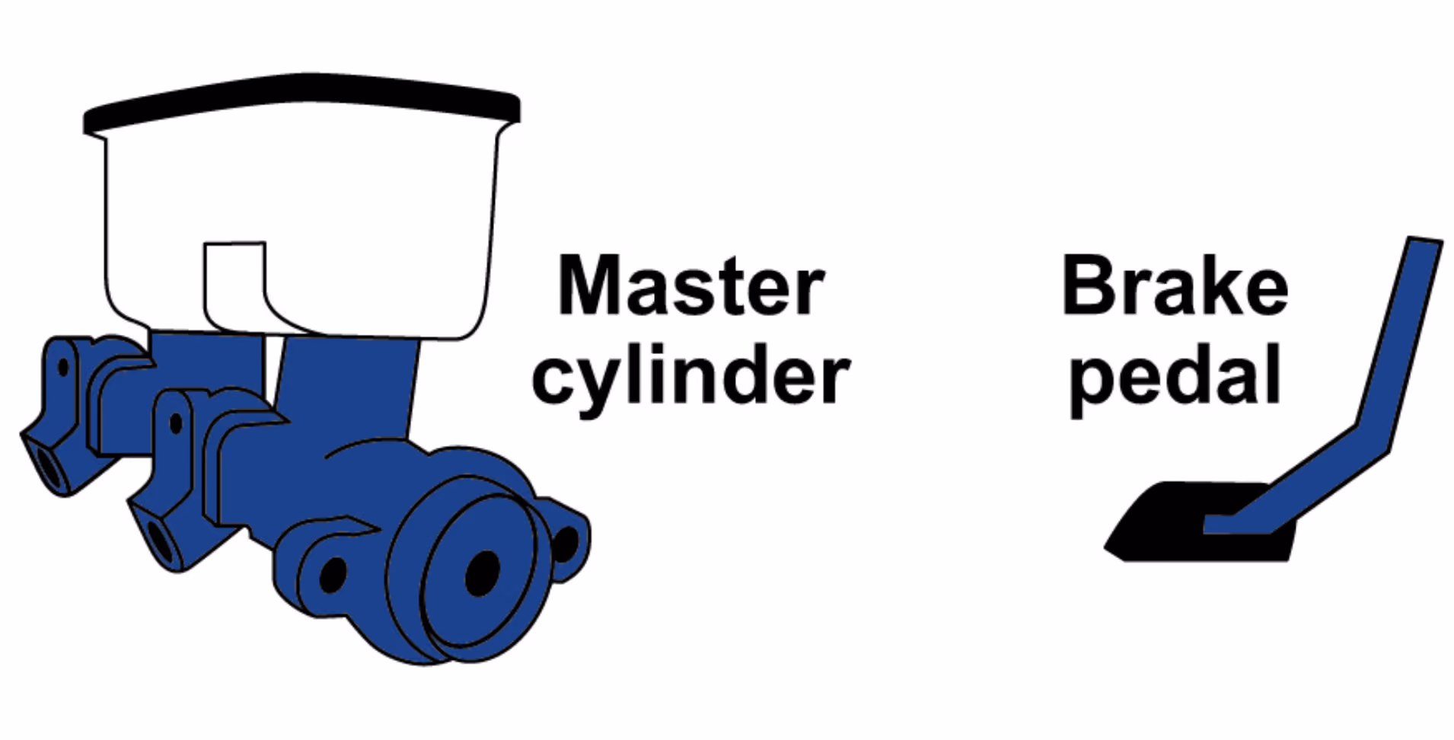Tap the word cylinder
(x=690, y=378)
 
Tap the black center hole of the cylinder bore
(x=483, y=573)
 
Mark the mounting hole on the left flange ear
(x=333, y=574)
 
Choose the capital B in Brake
(x=1086, y=285)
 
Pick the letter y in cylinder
(x=605, y=385)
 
